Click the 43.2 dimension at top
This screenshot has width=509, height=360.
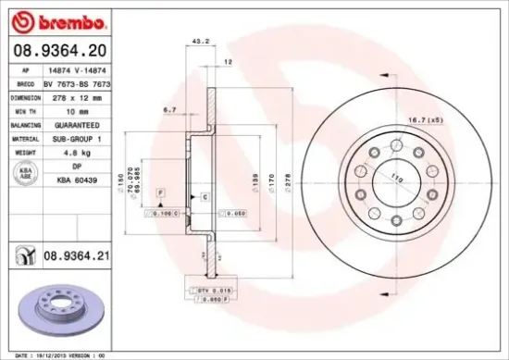pos(196,41)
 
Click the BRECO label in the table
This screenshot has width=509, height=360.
pos(25,83)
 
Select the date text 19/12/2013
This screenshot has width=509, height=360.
pos(51,354)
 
